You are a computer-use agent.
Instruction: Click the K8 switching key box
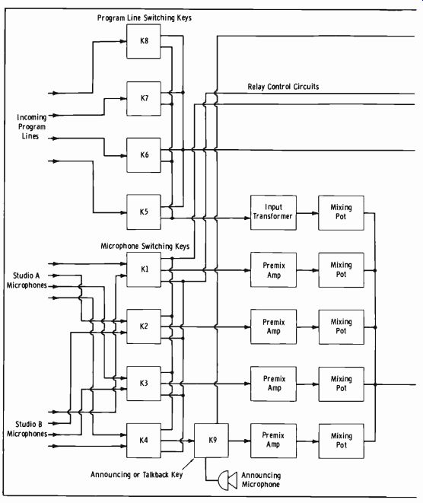[x=143, y=41]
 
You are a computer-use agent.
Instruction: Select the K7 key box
[x=144, y=98]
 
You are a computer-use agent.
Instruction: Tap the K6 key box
[x=144, y=155]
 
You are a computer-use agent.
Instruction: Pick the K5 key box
[x=144, y=212]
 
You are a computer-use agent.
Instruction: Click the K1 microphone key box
[x=144, y=269]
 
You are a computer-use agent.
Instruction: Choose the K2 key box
[x=144, y=326]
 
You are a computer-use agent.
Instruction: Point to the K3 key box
[x=144, y=384]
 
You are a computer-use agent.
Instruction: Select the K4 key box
[x=144, y=441]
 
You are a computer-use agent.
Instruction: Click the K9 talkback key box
[x=211, y=441]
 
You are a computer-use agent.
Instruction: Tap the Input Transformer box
[x=273, y=212]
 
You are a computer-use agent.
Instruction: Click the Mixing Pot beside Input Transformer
[x=341, y=212]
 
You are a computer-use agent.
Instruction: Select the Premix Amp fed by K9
[x=273, y=441]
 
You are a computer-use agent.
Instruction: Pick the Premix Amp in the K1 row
[x=273, y=270]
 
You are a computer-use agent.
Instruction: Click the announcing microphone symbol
[x=227, y=480]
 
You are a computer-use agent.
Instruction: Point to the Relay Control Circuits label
[x=283, y=87]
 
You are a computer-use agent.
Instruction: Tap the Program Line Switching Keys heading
[x=145, y=18]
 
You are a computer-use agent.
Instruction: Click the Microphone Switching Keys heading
[x=145, y=246]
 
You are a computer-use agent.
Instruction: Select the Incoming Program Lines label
[x=31, y=127]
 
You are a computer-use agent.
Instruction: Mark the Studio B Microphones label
[x=27, y=429]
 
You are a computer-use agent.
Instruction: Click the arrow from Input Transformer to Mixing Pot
[x=307, y=212]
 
